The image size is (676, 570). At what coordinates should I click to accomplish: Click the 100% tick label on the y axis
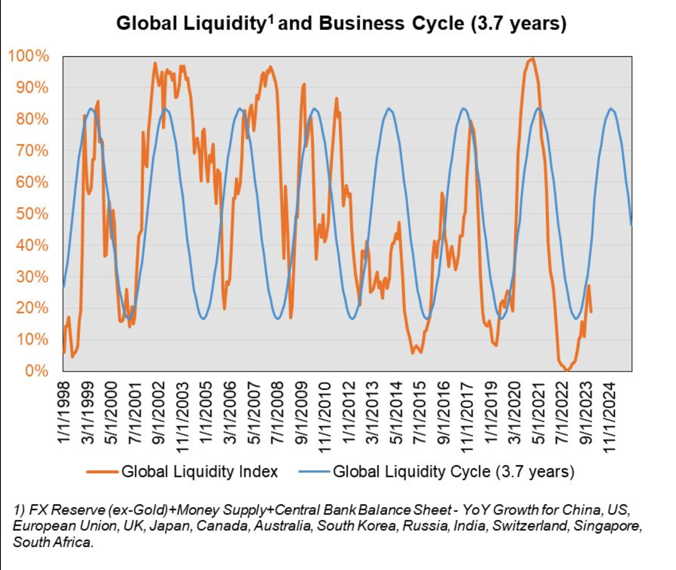[29, 55]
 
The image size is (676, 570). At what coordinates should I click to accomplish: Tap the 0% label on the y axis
[37, 371]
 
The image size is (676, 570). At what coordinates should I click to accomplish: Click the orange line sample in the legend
[102, 471]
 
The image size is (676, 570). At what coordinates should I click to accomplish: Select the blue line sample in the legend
[314, 471]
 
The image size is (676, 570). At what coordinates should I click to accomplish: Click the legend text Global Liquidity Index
[200, 471]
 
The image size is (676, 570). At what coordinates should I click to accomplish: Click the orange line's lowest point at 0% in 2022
[567, 370]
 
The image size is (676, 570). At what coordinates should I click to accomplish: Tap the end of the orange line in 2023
[591, 312]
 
